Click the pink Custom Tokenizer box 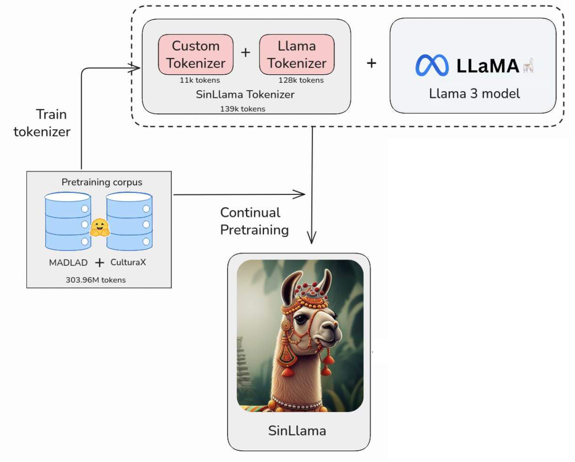coord(195,55)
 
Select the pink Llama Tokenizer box coord(297,55)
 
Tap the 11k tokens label coord(200,80)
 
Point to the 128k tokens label coord(301,80)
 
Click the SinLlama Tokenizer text coord(245,95)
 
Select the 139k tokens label coord(243,109)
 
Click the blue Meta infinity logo coord(432,65)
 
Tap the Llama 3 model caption coord(474,94)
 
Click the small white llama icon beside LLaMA coord(528,65)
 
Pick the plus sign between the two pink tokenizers coord(245,52)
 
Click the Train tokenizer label coord(42,123)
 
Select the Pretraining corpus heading coord(102,182)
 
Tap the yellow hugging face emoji coord(99,228)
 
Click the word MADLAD coord(68,263)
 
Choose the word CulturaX coord(128,262)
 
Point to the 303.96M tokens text coord(96,280)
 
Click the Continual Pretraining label coord(254,221)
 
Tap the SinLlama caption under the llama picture coord(297,430)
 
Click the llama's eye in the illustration coord(302,319)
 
